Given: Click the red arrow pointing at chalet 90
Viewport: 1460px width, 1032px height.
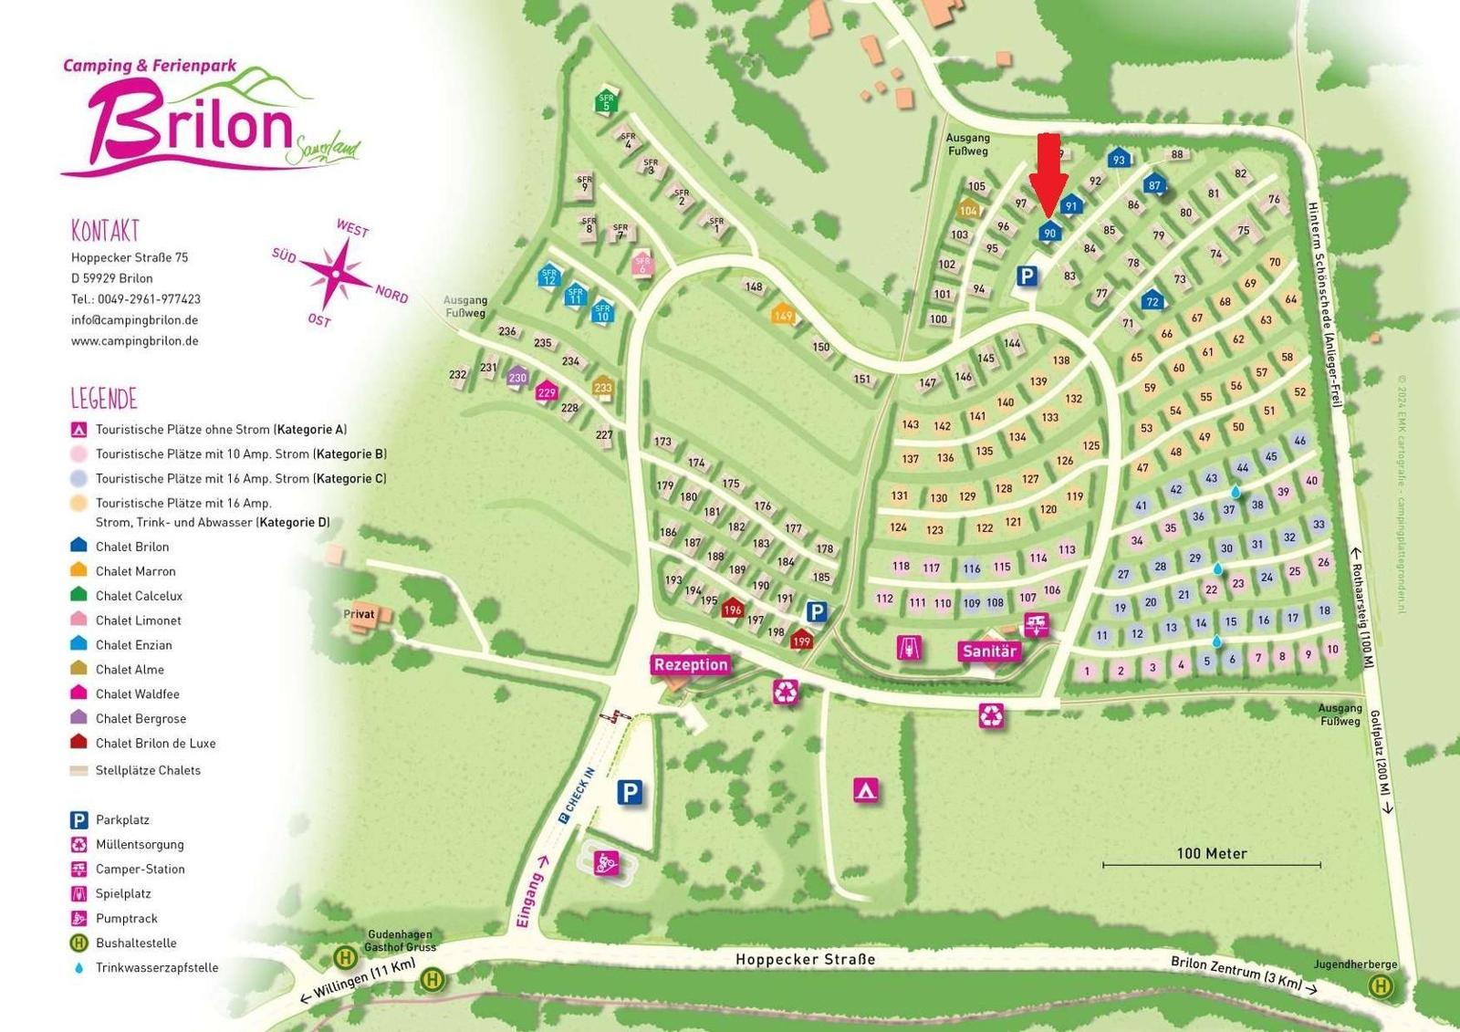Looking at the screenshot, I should point(1049,173).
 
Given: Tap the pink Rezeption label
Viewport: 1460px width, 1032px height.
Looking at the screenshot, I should point(691,664).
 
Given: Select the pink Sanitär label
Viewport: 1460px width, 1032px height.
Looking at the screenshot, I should point(989,651).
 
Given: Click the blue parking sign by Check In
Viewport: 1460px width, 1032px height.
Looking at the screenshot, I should point(630,792).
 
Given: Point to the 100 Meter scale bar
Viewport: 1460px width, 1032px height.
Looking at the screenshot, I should point(1211,863).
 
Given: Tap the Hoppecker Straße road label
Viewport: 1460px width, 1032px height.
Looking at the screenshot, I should point(805,959).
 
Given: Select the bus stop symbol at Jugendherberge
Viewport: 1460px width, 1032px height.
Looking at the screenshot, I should point(1381,985).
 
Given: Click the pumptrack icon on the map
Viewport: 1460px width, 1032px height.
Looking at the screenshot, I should point(607,861).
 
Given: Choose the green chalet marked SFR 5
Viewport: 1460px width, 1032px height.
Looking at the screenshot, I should point(607,101).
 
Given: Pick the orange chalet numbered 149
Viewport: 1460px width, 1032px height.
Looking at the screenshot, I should point(783,314).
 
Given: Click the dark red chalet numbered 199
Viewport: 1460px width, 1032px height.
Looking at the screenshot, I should point(801,639).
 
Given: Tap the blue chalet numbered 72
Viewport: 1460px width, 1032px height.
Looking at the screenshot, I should point(1152,299).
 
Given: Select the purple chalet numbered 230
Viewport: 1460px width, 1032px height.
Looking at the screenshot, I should point(517,375).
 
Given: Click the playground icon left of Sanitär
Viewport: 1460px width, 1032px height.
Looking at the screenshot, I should point(909,648).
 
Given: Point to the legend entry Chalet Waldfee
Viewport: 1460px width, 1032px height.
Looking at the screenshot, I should point(137,693).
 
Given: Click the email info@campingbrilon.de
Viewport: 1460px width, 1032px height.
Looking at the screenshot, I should point(134,320).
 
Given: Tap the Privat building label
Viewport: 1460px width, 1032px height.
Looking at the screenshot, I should point(360,614).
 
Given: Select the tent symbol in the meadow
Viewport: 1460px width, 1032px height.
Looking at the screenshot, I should point(866,789).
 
